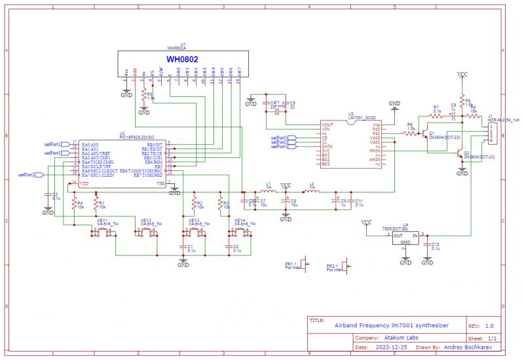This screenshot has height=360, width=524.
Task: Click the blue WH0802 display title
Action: pos(183,59)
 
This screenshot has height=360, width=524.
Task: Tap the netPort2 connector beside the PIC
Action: pos(39,175)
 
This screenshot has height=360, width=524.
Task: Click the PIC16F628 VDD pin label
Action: pos(84,183)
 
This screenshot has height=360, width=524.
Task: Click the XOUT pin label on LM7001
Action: pos(328,124)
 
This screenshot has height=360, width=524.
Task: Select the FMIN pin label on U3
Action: pos(375,150)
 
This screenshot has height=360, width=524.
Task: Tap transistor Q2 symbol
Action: pos(459,154)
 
